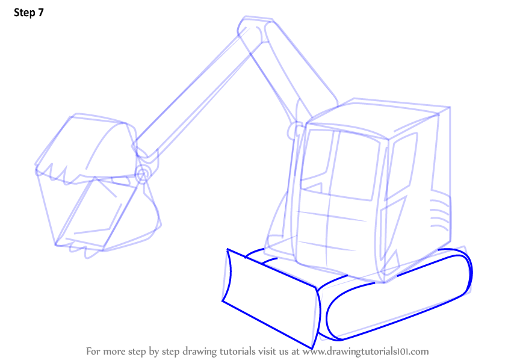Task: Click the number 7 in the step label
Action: tap(40, 13)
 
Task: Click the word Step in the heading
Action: tap(24, 13)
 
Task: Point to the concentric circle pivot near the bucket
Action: tap(142, 175)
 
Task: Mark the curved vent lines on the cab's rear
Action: tap(440, 214)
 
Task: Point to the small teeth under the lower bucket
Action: tap(82, 249)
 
